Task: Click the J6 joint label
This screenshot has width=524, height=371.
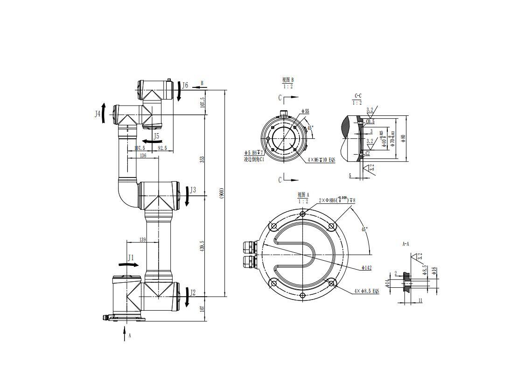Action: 185,86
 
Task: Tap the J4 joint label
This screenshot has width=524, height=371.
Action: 98,114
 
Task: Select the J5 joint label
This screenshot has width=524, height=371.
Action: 157,136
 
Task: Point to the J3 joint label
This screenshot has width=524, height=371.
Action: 193,190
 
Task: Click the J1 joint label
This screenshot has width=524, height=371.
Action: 131,257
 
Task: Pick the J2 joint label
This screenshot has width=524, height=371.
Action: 193,293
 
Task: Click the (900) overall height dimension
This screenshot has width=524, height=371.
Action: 222,193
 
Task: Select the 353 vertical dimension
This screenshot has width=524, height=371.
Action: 202,159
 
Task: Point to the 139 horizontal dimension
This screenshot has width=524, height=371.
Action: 142,240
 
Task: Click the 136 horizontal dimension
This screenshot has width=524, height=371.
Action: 143,156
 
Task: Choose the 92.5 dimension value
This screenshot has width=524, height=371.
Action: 162,148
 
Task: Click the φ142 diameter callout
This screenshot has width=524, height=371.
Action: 366,268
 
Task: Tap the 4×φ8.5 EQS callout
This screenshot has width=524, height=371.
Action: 367,291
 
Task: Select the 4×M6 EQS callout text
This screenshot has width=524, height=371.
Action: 321,160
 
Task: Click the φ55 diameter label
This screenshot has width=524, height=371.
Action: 305,111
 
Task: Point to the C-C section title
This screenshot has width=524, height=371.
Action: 358,96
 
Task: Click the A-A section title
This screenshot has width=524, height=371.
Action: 405,244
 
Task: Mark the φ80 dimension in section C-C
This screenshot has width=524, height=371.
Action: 404,138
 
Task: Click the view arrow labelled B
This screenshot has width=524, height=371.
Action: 202,84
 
